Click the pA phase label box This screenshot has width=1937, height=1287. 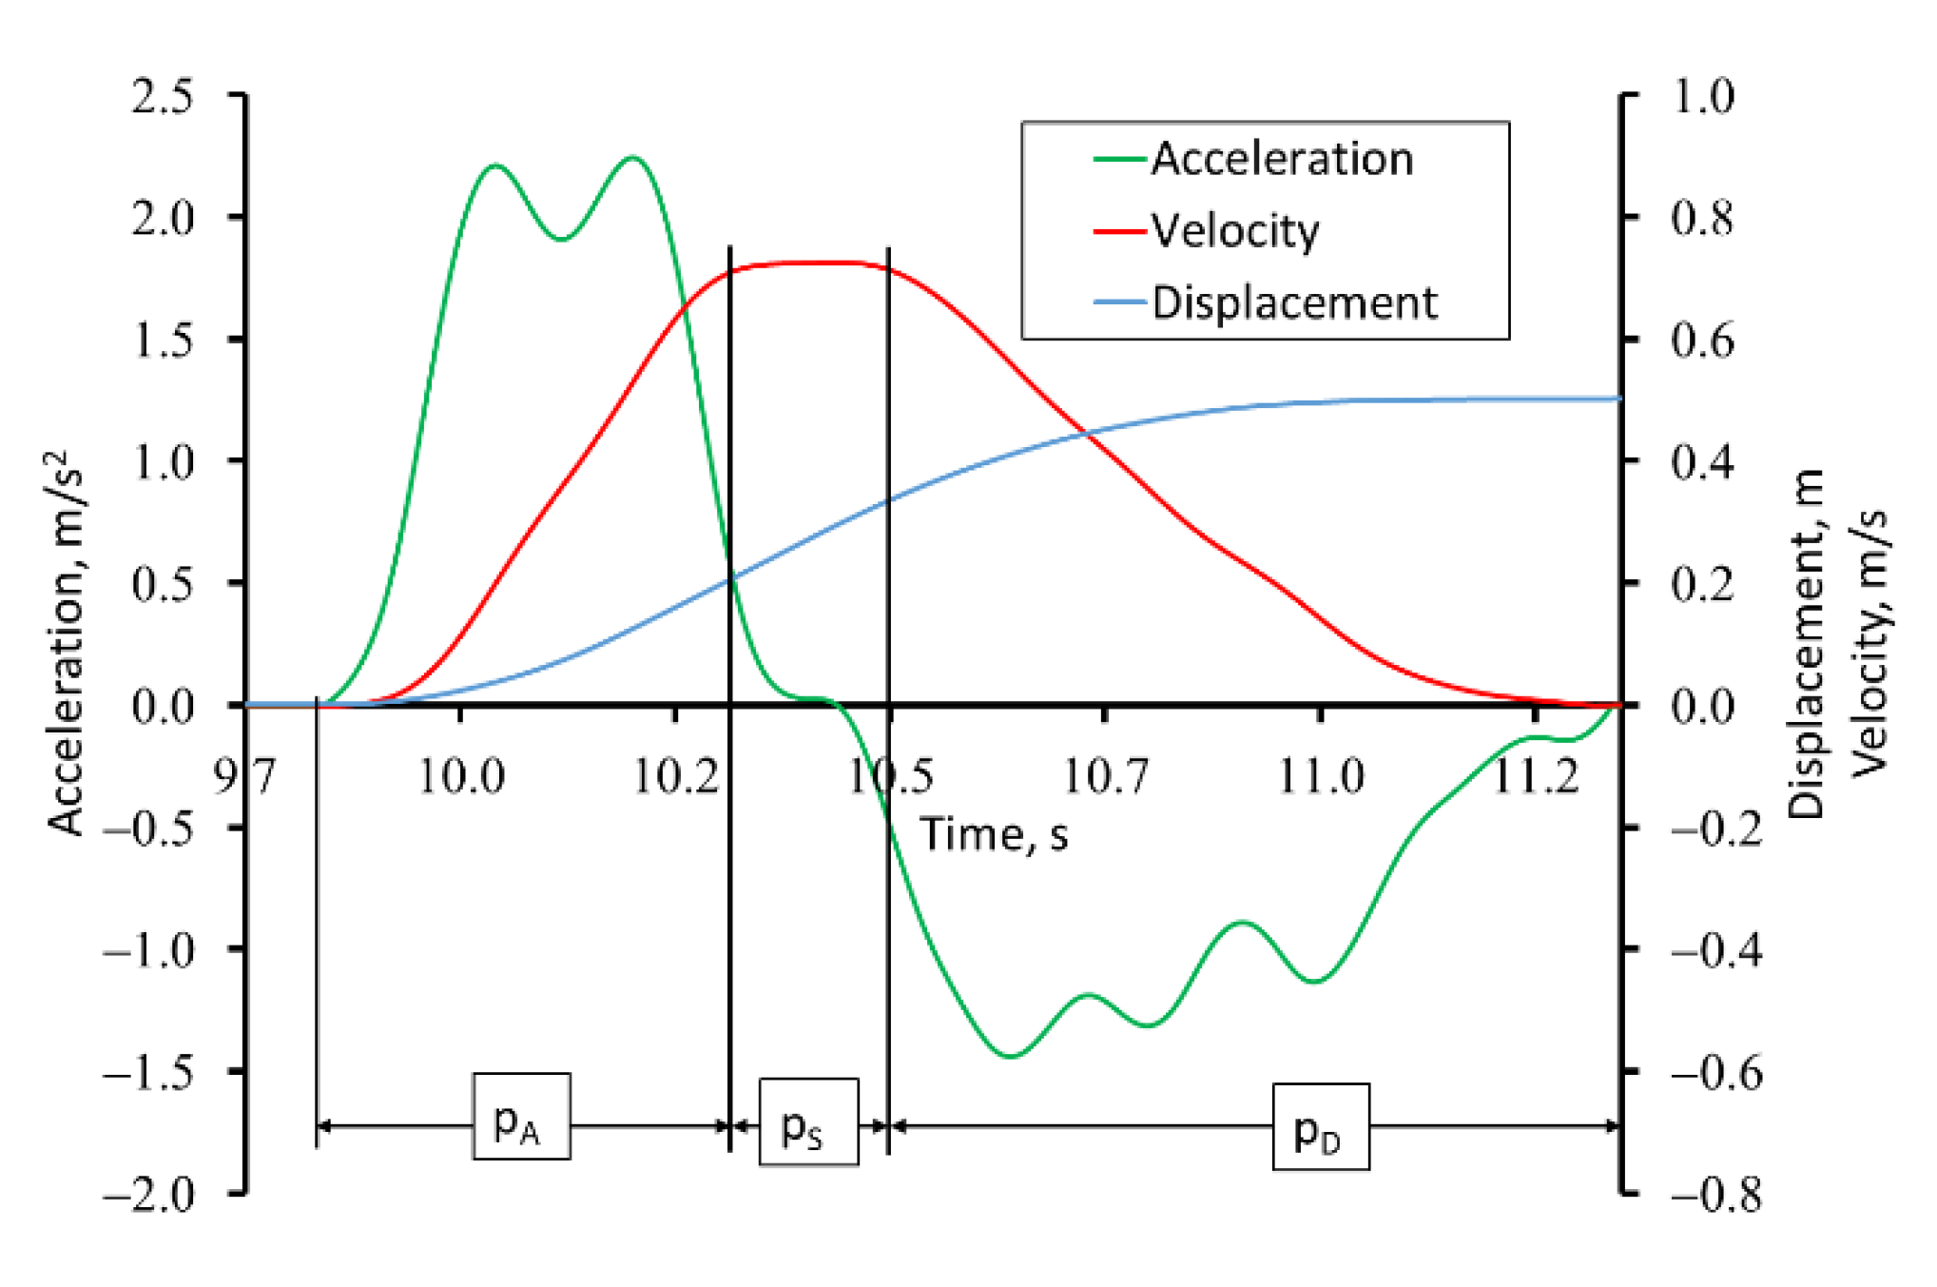pos(521,1117)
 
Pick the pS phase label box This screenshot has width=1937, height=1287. pos(808,1122)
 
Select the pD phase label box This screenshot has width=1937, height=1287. pos(1321,1127)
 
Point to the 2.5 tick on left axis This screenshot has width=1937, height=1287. pos(163,96)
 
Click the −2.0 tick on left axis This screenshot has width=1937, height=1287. pos(149,1193)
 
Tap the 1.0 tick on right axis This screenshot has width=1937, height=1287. pos(1702,96)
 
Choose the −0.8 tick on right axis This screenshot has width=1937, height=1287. pos(1716,1193)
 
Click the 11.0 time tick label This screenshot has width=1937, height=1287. pos(1320,776)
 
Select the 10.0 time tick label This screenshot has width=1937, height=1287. pos(461,776)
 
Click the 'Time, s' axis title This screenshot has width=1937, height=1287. pos(994,835)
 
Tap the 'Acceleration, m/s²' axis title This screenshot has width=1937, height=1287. pos(67,643)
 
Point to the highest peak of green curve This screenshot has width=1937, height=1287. pos(632,158)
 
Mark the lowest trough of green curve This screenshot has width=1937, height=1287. pos(1010,1055)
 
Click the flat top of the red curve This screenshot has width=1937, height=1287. pos(808,263)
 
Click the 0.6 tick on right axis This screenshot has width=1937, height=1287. pos(1702,340)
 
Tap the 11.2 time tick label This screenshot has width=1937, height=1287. pos(1535,776)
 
